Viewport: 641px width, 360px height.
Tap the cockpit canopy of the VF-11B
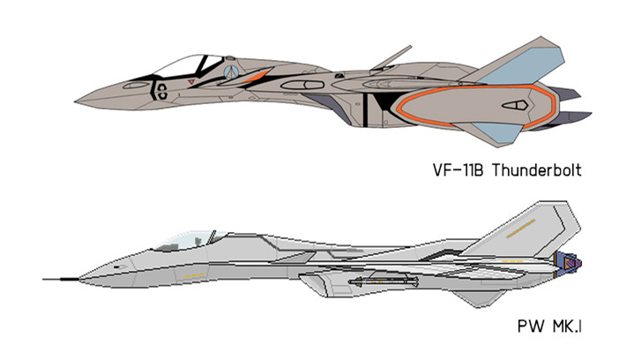coord(180,65)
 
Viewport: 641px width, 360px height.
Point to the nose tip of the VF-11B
coord(78,95)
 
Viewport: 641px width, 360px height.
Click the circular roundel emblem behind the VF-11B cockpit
coord(232,73)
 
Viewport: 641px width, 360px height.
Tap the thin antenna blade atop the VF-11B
coord(390,56)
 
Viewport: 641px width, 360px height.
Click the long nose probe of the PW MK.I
coord(62,279)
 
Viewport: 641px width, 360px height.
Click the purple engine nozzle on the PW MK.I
coord(568,260)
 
